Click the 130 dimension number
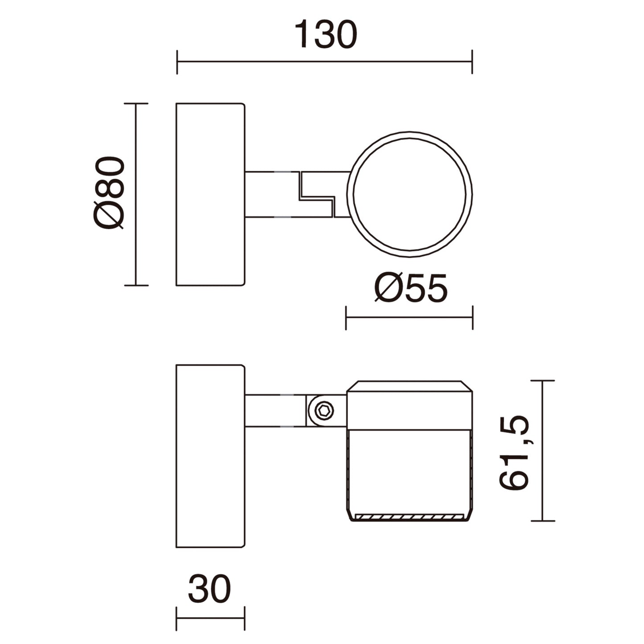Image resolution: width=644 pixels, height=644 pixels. [x=325, y=35]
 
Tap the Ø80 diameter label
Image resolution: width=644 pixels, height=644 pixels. [x=109, y=193]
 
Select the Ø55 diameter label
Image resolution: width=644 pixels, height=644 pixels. [x=410, y=288]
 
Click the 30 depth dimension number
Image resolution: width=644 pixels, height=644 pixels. [x=209, y=589]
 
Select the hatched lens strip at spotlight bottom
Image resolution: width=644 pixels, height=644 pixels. [x=409, y=517]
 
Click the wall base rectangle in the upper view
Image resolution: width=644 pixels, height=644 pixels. [x=210, y=194]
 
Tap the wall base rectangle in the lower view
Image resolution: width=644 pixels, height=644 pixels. [x=210, y=456]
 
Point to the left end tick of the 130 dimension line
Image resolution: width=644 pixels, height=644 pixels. [x=177, y=62]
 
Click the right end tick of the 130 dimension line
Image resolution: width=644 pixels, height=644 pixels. [x=472, y=62]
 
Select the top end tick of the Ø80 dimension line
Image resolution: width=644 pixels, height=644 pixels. [x=136, y=103]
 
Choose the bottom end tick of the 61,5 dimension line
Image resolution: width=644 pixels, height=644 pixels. [x=542, y=521]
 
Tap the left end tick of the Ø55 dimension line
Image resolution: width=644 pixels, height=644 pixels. [x=346, y=318]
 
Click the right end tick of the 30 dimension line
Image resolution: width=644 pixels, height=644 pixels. [x=245, y=619]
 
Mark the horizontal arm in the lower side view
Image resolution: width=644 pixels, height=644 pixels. [x=274, y=410]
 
